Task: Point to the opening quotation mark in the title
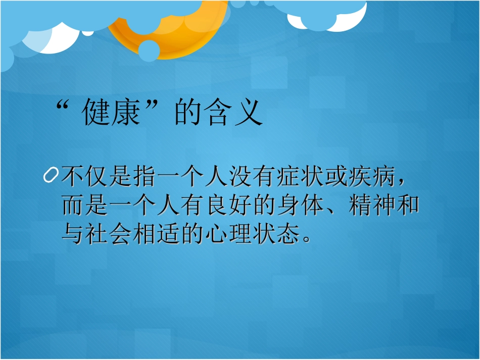(63, 108)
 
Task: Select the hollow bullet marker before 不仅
(51, 176)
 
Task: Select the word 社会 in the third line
(111, 234)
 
